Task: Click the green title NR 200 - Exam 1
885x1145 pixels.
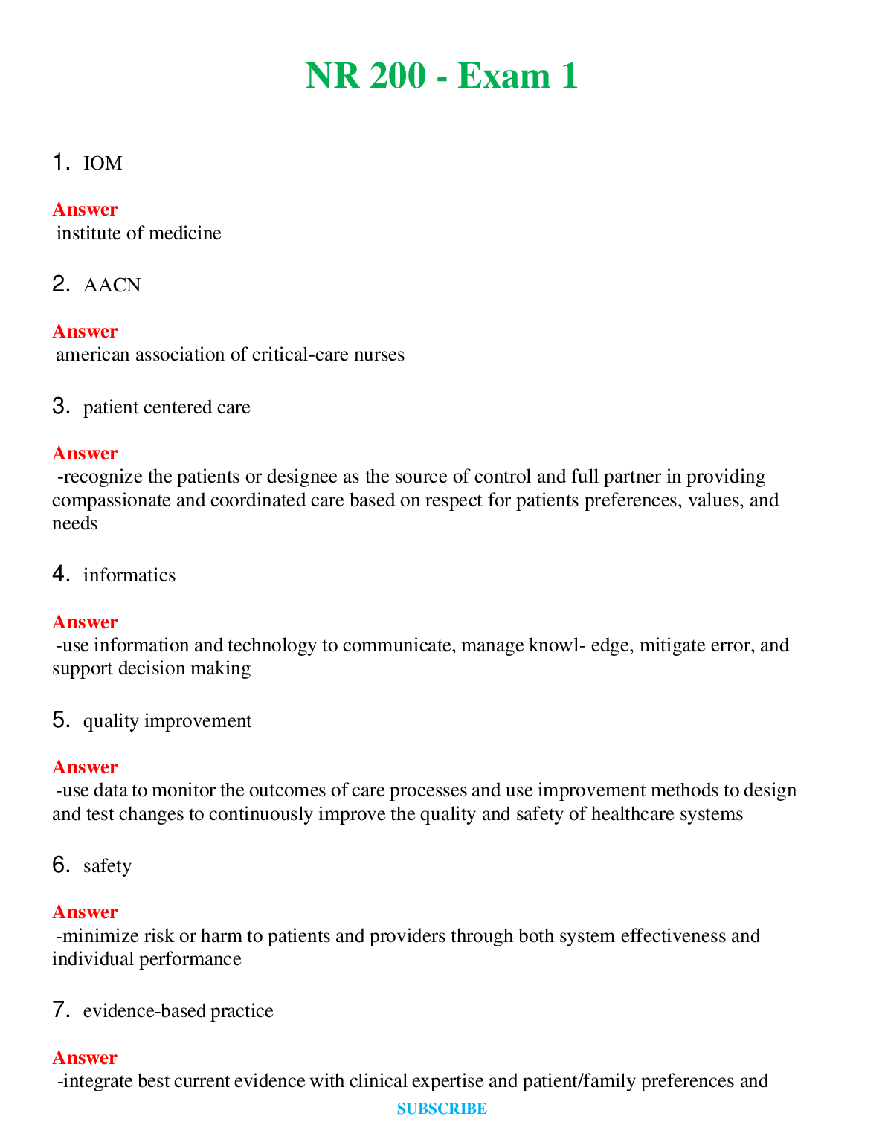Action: point(442,76)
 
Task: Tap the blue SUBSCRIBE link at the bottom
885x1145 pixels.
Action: point(442,1109)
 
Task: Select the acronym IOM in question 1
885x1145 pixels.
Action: point(103,164)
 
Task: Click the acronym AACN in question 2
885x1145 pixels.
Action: point(112,286)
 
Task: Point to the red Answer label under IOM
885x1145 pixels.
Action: point(85,210)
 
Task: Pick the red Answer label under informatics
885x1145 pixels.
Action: point(85,622)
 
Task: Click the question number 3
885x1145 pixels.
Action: point(61,407)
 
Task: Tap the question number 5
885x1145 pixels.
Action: point(61,720)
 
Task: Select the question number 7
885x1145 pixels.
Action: point(61,1010)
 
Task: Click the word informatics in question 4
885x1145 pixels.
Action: point(129,575)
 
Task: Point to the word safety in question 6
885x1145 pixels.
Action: point(107,866)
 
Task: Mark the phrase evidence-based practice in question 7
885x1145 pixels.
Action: point(178,1011)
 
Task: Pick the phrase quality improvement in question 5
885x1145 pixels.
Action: point(167,721)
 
